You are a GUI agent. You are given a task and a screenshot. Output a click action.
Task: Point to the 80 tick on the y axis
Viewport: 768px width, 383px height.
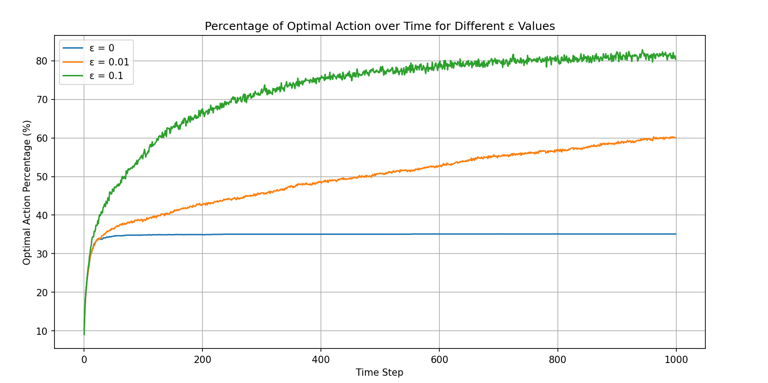click(42, 61)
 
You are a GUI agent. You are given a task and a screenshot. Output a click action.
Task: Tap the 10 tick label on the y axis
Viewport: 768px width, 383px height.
click(42, 331)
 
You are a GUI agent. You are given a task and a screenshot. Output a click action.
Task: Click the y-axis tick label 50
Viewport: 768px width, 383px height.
click(42, 177)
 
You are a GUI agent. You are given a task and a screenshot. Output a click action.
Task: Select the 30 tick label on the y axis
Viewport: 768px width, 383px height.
click(42, 254)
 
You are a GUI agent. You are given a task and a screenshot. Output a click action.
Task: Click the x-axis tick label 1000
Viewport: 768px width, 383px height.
click(676, 360)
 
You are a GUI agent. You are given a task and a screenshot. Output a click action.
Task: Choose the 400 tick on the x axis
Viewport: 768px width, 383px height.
click(321, 360)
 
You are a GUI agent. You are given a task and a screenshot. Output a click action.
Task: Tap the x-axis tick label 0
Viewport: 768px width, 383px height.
click(84, 360)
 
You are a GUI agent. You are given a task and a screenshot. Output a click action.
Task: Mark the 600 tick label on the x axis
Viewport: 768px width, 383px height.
click(439, 360)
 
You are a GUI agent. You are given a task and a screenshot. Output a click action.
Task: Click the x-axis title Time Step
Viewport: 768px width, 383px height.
click(379, 373)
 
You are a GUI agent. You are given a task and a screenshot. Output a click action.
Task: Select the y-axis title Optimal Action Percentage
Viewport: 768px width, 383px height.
click(27, 192)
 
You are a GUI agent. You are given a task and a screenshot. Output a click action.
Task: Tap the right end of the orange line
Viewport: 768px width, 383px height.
click(676, 138)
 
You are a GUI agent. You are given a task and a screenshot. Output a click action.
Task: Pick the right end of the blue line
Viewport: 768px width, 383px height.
click(676, 234)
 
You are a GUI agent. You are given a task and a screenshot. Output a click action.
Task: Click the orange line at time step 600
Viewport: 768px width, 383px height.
click(439, 166)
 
